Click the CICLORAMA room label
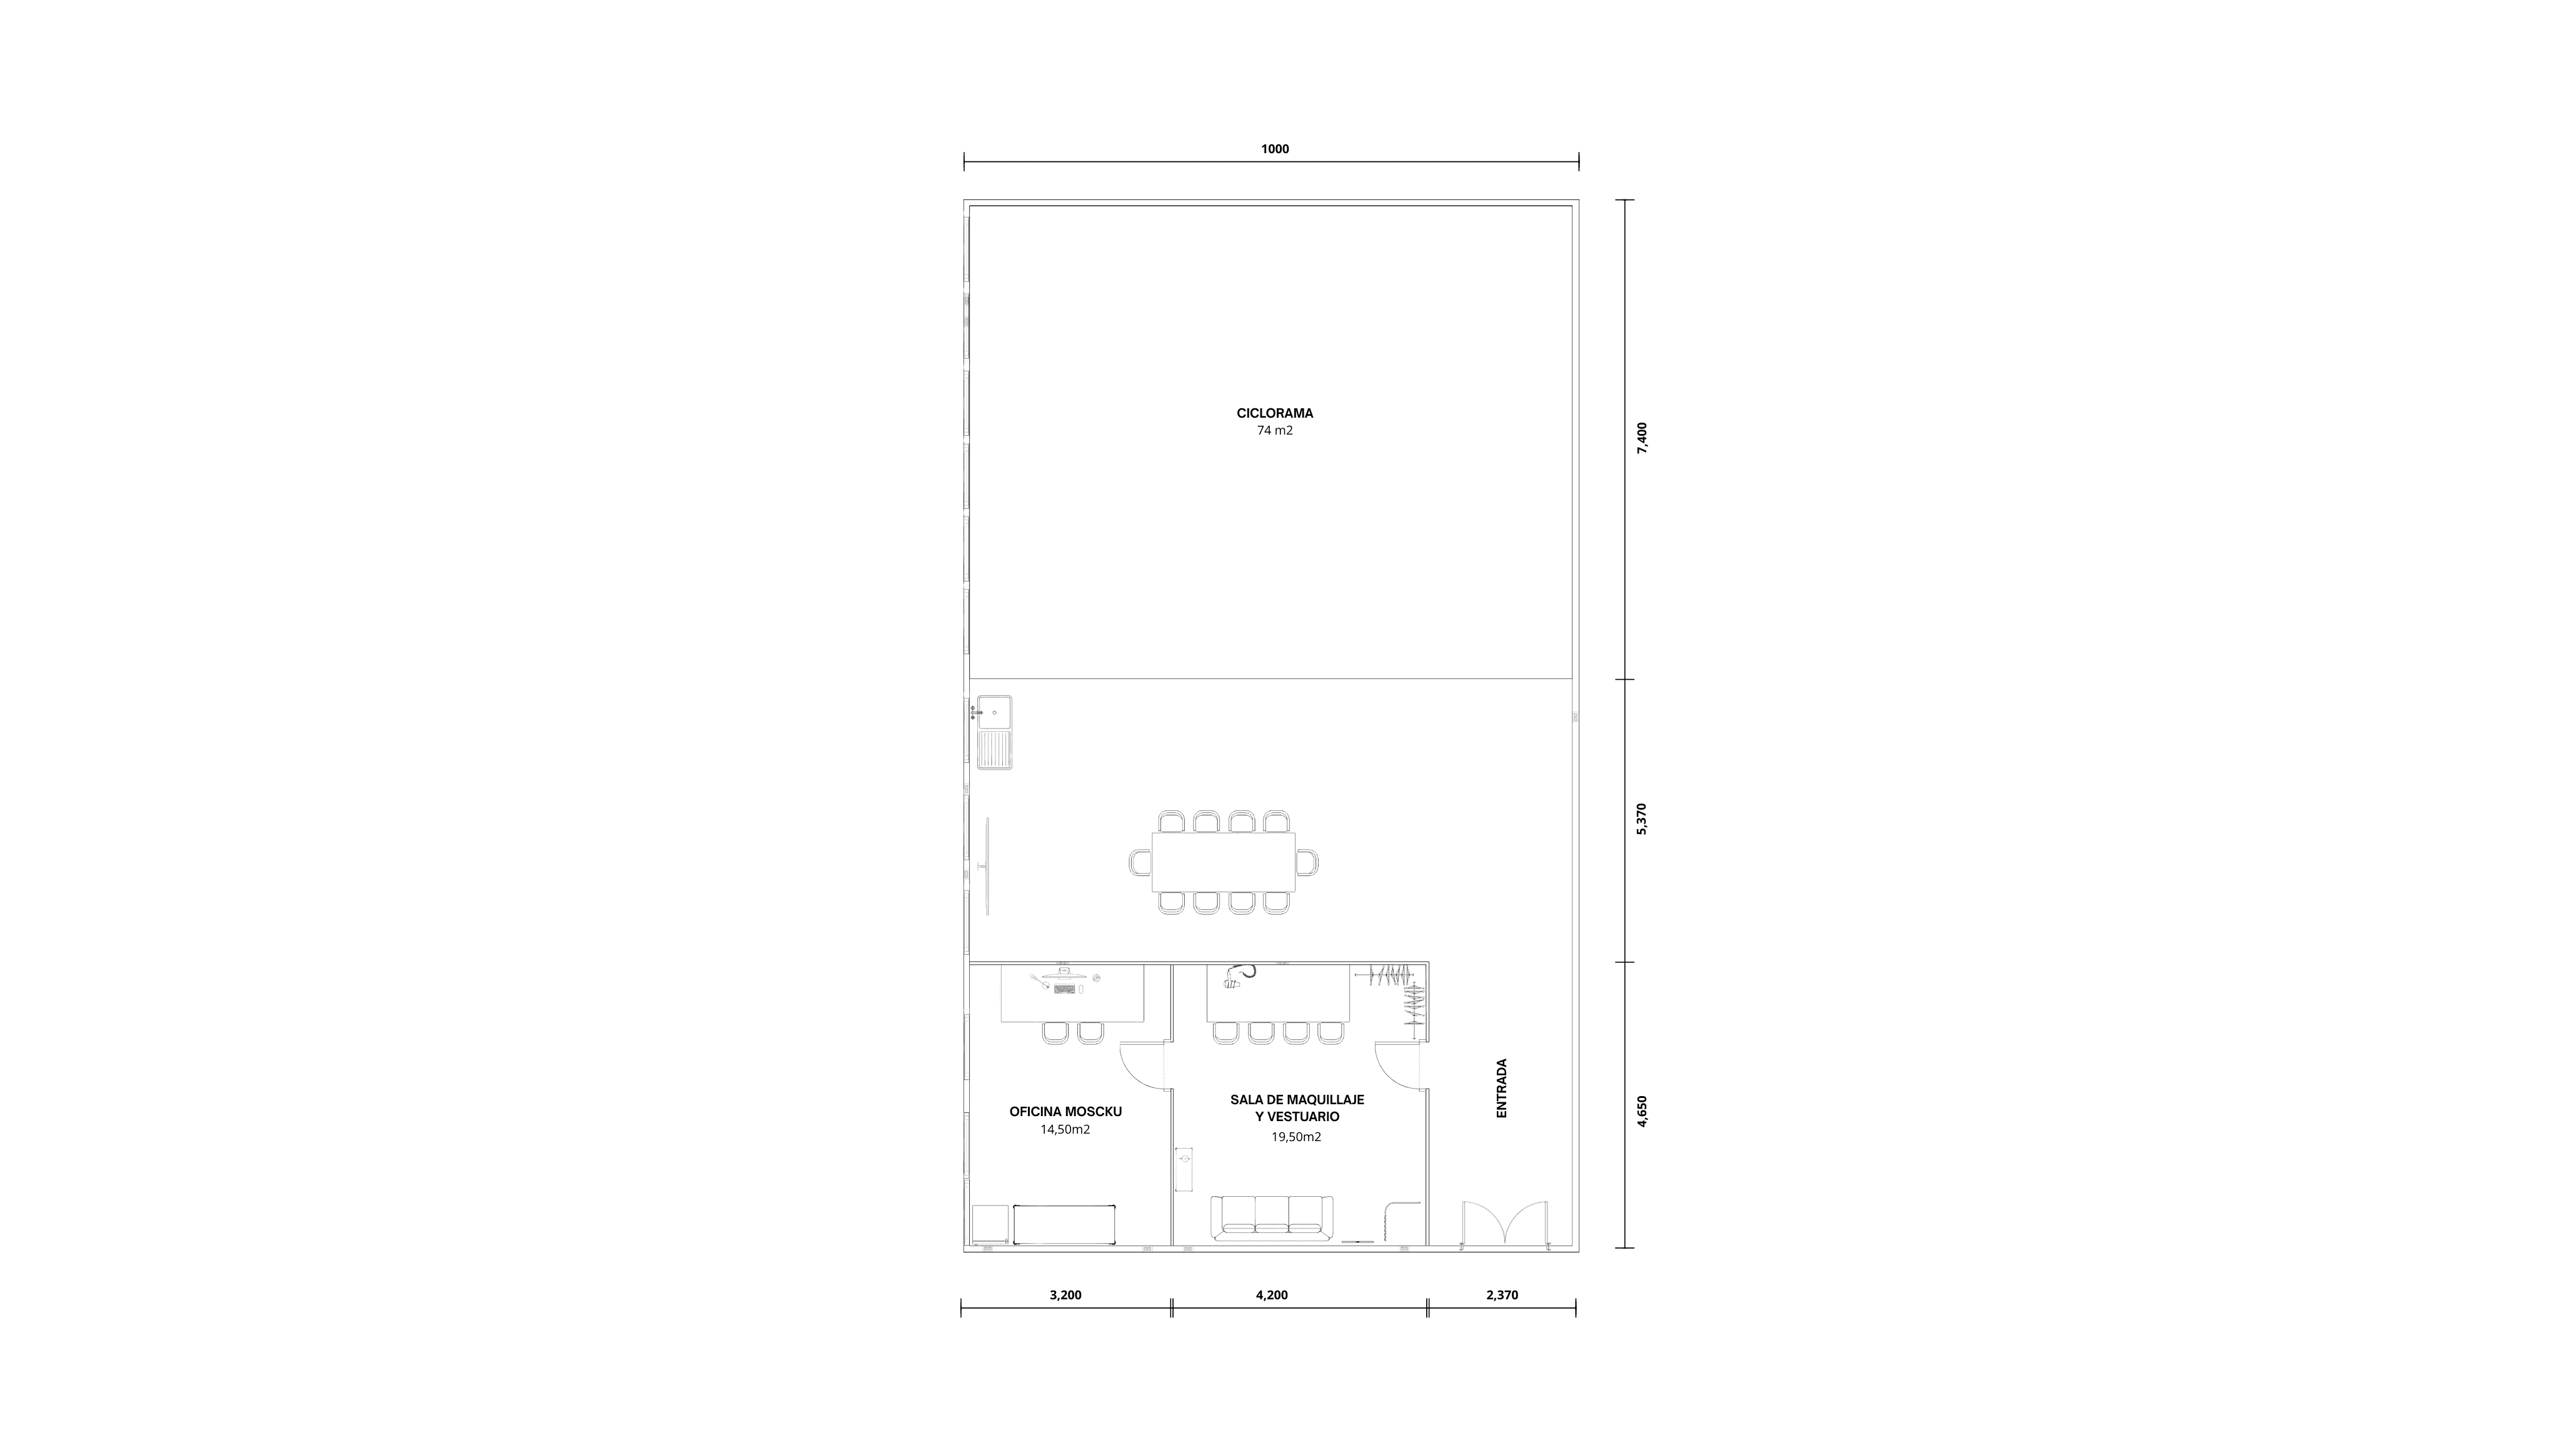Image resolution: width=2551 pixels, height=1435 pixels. pyautogui.click(x=1274, y=413)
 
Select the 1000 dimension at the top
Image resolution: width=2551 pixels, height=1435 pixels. pyautogui.click(x=1274, y=149)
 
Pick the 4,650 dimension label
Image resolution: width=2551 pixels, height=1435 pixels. pyautogui.click(x=1642, y=1111)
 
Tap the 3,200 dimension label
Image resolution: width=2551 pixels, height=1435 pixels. pyautogui.click(x=1065, y=1294)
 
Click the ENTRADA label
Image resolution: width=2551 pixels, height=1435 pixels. pyautogui.click(x=1501, y=1089)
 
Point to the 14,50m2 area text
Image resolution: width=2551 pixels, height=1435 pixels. pyautogui.click(x=1065, y=1130)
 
